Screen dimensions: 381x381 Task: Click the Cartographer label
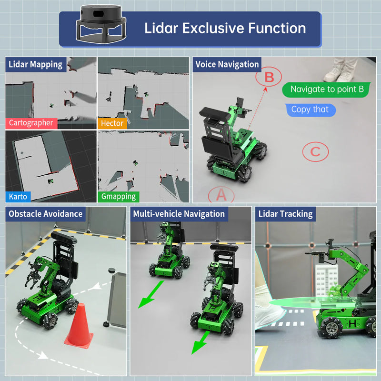pos(31,123)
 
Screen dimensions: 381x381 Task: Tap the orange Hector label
pos(112,123)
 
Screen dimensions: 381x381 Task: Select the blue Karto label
pos(19,196)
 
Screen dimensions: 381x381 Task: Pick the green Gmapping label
pos(119,196)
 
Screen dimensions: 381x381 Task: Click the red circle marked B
pos(269,76)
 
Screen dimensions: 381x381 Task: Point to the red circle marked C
pos(315,152)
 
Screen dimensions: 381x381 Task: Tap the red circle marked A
pos(221,194)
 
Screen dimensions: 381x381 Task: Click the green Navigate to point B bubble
pos(327,89)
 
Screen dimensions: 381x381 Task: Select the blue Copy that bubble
pos(310,110)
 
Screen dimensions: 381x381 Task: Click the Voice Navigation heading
pos(227,64)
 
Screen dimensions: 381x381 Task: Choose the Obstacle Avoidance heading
pos(46,214)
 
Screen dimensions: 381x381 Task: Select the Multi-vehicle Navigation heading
pos(179,214)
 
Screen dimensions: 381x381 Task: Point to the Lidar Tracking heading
pos(285,214)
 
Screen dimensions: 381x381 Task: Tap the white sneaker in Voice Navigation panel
pos(333,74)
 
